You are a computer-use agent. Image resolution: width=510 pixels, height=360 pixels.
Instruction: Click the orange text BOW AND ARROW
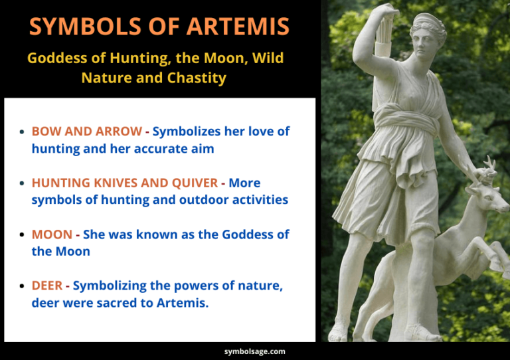click(x=86, y=131)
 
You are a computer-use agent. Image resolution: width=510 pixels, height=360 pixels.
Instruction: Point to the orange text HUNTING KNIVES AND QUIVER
click(x=124, y=182)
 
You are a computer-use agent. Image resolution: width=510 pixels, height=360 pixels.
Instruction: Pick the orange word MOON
click(x=52, y=234)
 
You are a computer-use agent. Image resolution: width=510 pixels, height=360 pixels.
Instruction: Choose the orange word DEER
click(x=47, y=286)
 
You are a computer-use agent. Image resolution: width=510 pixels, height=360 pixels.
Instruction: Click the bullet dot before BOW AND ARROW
click(x=23, y=132)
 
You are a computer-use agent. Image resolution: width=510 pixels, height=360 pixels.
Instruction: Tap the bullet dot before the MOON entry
click(x=23, y=235)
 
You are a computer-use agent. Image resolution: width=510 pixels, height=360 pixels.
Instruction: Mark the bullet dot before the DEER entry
click(x=23, y=286)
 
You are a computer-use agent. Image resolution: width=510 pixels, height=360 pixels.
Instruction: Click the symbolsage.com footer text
click(x=254, y=351)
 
